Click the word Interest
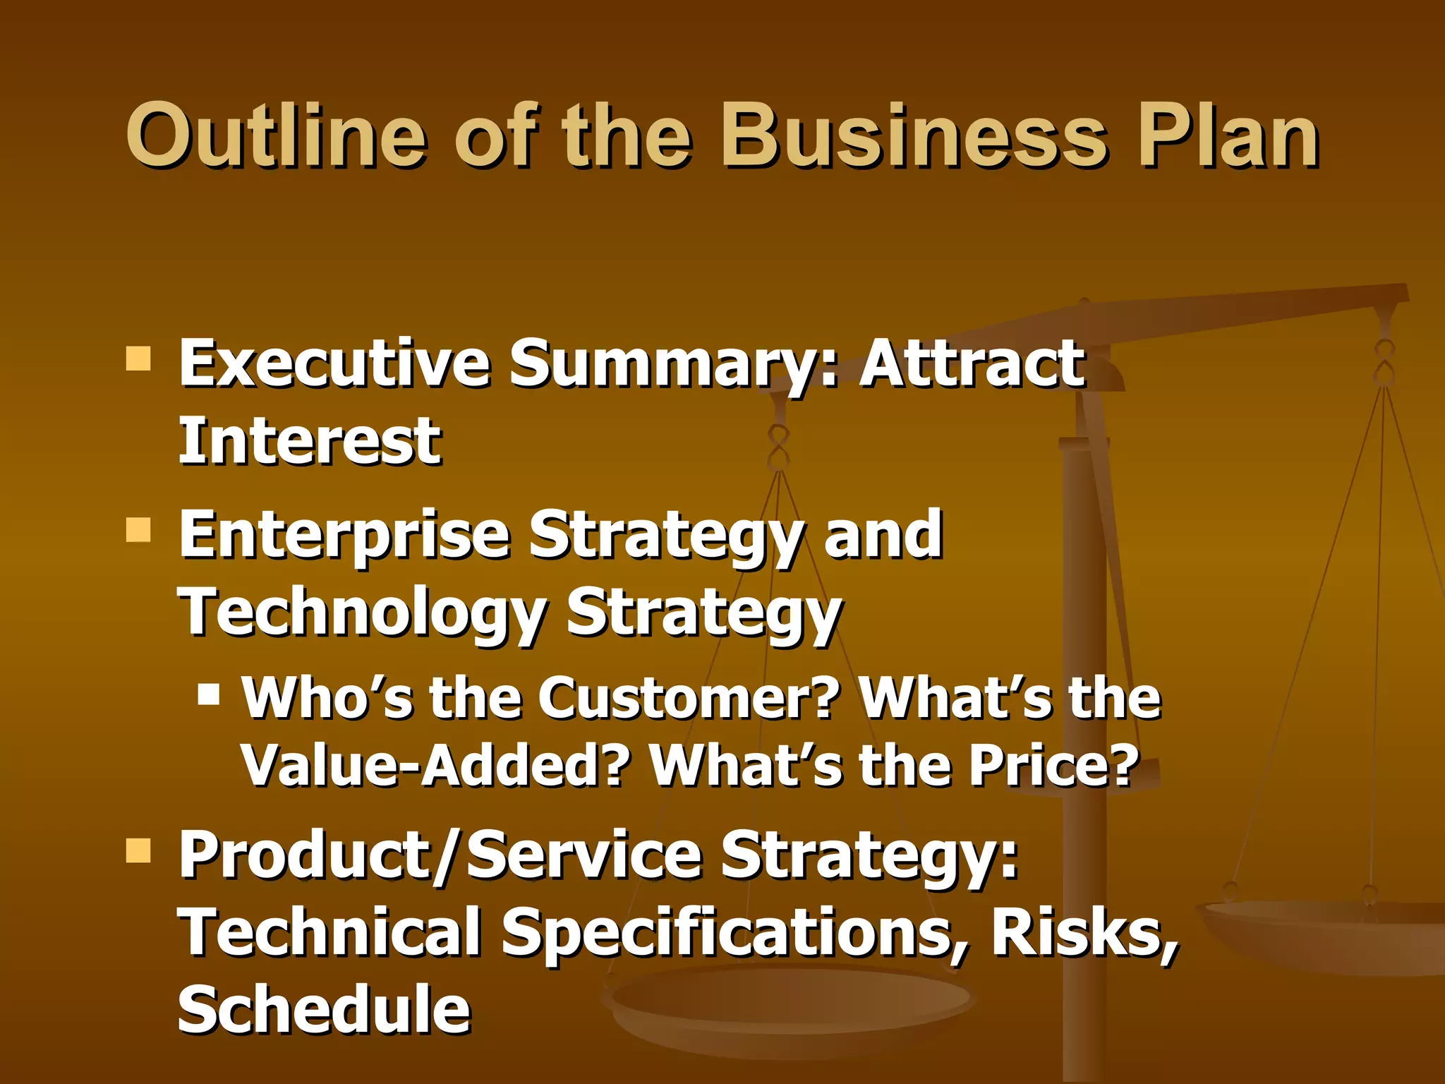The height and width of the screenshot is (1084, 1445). (x=310, y=441)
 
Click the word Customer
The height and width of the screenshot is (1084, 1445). (x=689, y=698)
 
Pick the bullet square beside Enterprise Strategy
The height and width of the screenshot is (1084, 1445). (x=138, y=529)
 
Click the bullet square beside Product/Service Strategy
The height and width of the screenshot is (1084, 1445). (x=138, y=850)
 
